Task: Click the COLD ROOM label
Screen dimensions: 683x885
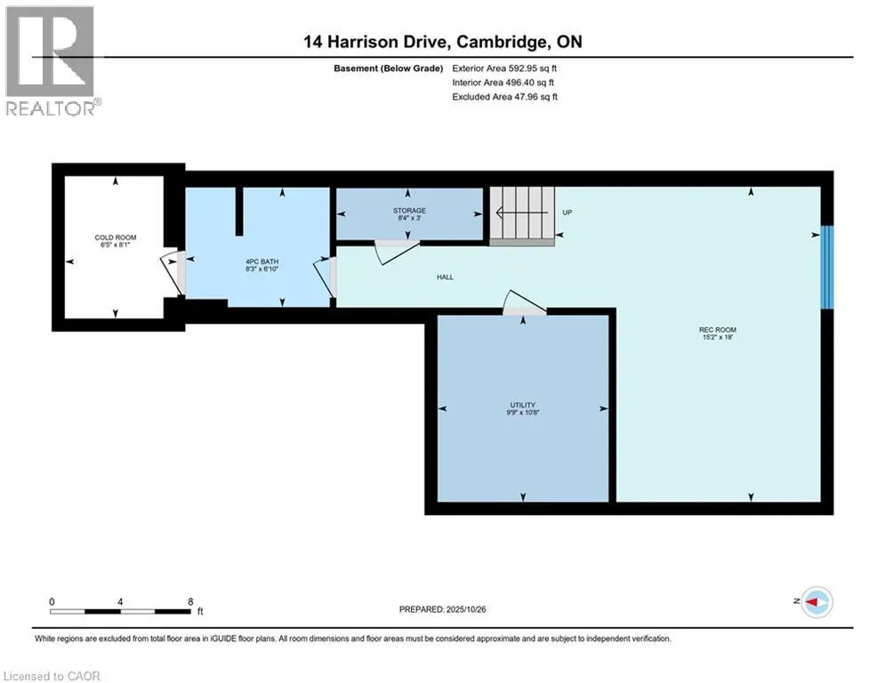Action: [115, 237]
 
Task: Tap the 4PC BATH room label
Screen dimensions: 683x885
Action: [262, 261]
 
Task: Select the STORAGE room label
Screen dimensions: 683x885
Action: [409, 211]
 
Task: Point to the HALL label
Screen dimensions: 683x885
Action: [445, 277]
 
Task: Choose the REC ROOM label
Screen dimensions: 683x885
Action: [717, 330]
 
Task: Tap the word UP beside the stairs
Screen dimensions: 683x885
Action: [567, 213]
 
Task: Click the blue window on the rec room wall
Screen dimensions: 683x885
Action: [826, 267]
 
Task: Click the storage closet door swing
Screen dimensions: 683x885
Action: [390, 251]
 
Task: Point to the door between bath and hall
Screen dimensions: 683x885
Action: [326, 276]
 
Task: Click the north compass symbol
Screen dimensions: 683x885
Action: [816, 602]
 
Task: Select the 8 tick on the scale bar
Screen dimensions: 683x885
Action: [190, 601]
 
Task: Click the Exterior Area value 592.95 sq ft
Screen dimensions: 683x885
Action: [531, 68]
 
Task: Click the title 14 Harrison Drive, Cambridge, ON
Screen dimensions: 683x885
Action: [441, 42]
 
